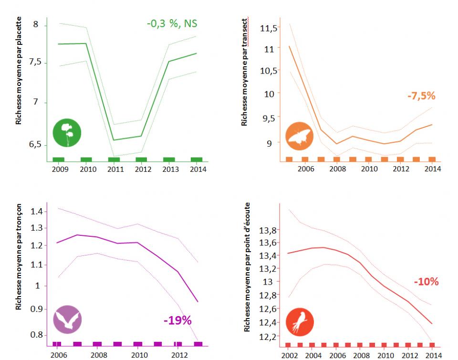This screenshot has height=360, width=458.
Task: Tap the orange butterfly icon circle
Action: [299, 136]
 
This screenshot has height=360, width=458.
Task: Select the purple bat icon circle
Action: [67, 318]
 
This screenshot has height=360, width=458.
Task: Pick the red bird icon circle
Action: [300, 321]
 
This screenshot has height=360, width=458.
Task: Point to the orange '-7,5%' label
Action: [421, 96]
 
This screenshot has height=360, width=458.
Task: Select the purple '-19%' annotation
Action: [177, 320]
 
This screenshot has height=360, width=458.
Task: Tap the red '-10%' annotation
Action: [426, 282]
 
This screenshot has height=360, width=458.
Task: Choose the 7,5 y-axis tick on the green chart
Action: [35, 63]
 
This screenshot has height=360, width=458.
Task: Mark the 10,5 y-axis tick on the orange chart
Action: [268, 71]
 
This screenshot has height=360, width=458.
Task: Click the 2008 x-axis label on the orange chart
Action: [337, 169]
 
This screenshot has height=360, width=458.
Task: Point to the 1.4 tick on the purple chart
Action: [36, 211]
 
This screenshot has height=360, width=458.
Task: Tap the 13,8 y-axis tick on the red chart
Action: [267, 231]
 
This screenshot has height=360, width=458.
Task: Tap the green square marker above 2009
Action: [58, 159]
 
